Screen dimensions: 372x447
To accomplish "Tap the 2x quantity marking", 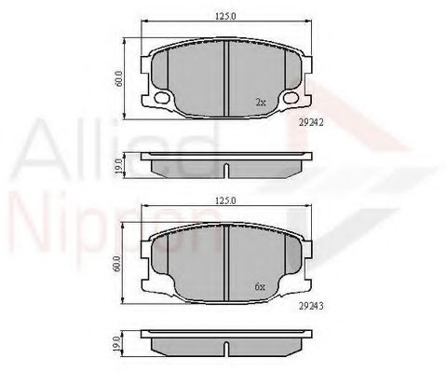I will tap(261, 101).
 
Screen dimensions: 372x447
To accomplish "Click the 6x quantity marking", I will tap(261, 287).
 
